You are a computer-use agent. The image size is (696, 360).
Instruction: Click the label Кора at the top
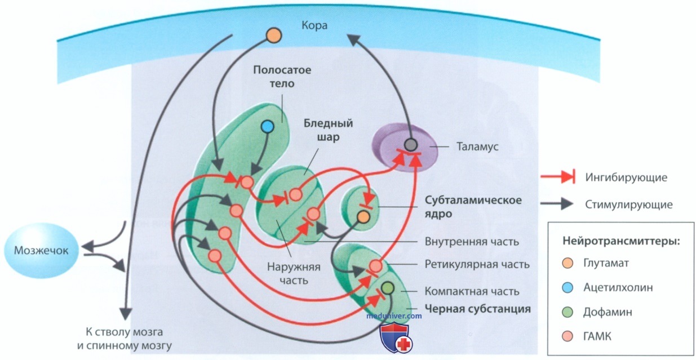[314, 25]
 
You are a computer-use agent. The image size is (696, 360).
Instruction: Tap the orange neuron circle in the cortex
[274, 35]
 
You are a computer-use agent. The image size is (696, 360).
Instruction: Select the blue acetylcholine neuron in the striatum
[268, 127]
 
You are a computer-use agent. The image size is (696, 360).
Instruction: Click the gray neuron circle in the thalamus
[411, 145]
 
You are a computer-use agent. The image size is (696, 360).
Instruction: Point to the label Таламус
[477, 146]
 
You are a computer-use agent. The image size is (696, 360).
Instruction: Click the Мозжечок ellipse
[41, 250]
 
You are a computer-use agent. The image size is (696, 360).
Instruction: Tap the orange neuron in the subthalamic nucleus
[363, 217]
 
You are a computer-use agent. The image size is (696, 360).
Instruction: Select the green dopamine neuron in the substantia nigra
[388, 288]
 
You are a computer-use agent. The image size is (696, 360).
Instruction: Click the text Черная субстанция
[477, 309]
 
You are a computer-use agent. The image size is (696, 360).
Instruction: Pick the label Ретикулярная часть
[477, 264]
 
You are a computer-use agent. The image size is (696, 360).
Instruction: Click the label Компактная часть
[472, 291]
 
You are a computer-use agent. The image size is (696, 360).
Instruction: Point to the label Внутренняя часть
[472, 242]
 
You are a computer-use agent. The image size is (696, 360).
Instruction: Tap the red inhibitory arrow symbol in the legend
[558, 177]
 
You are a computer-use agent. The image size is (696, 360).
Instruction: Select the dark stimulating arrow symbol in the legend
[557, 204]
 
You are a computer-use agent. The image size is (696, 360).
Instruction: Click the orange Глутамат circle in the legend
[568, 264]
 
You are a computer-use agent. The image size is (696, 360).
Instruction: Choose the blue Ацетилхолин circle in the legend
[568, 288]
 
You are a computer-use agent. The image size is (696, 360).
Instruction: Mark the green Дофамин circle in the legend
[568, 312]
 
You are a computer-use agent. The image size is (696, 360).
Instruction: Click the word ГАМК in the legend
[597, 336]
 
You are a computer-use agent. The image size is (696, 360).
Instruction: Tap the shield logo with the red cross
[396, 337]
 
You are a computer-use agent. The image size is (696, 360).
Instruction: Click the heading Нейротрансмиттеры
[622, 241]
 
